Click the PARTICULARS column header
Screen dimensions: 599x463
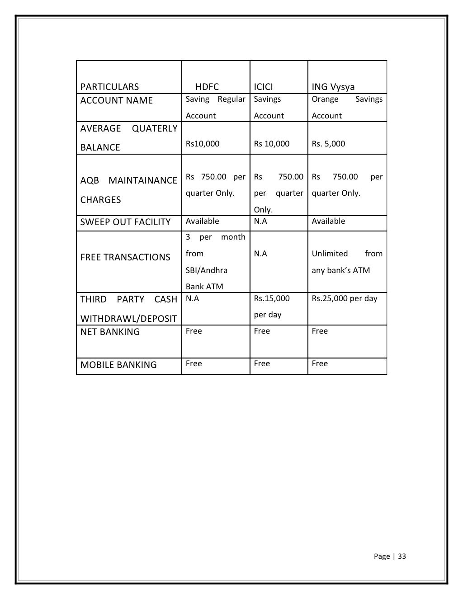pos(109,87)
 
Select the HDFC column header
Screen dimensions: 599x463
pos(207,87)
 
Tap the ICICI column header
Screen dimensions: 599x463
pos(263,87)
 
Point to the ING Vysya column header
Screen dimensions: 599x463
pos(333,87)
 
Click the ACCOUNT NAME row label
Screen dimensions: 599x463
pos(116,100)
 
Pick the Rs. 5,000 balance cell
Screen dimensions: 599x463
pos(328,144)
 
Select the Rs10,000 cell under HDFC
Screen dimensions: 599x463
pos(203,144)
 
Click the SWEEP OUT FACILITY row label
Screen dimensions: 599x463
pos(125,222)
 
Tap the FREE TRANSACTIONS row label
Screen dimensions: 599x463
pos(125,257)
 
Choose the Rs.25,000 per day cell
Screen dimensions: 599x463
pos(345,298)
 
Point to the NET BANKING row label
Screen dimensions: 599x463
pos(110,332)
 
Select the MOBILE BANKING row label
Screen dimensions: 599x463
pos(118,365)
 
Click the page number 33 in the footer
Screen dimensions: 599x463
pos(402,557)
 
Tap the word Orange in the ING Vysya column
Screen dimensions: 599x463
pos(325,99)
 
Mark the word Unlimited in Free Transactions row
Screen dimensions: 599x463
pos(330,254)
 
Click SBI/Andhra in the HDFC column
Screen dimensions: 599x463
pos(207,270)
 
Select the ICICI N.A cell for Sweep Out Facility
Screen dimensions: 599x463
pos(260,221)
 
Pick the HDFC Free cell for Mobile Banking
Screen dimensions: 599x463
pos(194,363)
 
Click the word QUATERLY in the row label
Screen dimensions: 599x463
pos(155,128)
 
